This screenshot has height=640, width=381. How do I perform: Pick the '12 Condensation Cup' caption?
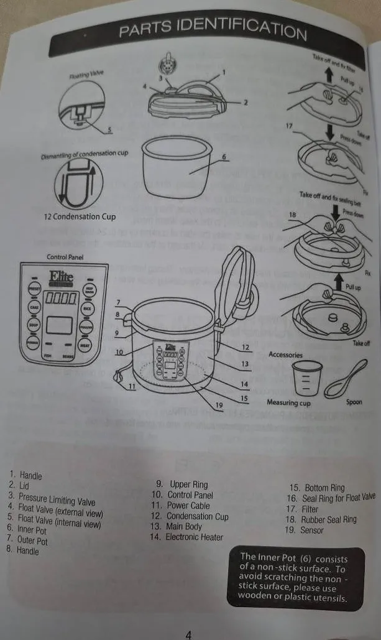tap(80, 217)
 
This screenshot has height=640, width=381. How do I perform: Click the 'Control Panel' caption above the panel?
tap(65, 257)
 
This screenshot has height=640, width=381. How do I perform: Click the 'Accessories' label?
tap(285, 355)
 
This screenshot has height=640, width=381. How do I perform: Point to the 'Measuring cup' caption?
tap(288, 402)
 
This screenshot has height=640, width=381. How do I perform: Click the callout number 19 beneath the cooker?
tap(219, 406)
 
